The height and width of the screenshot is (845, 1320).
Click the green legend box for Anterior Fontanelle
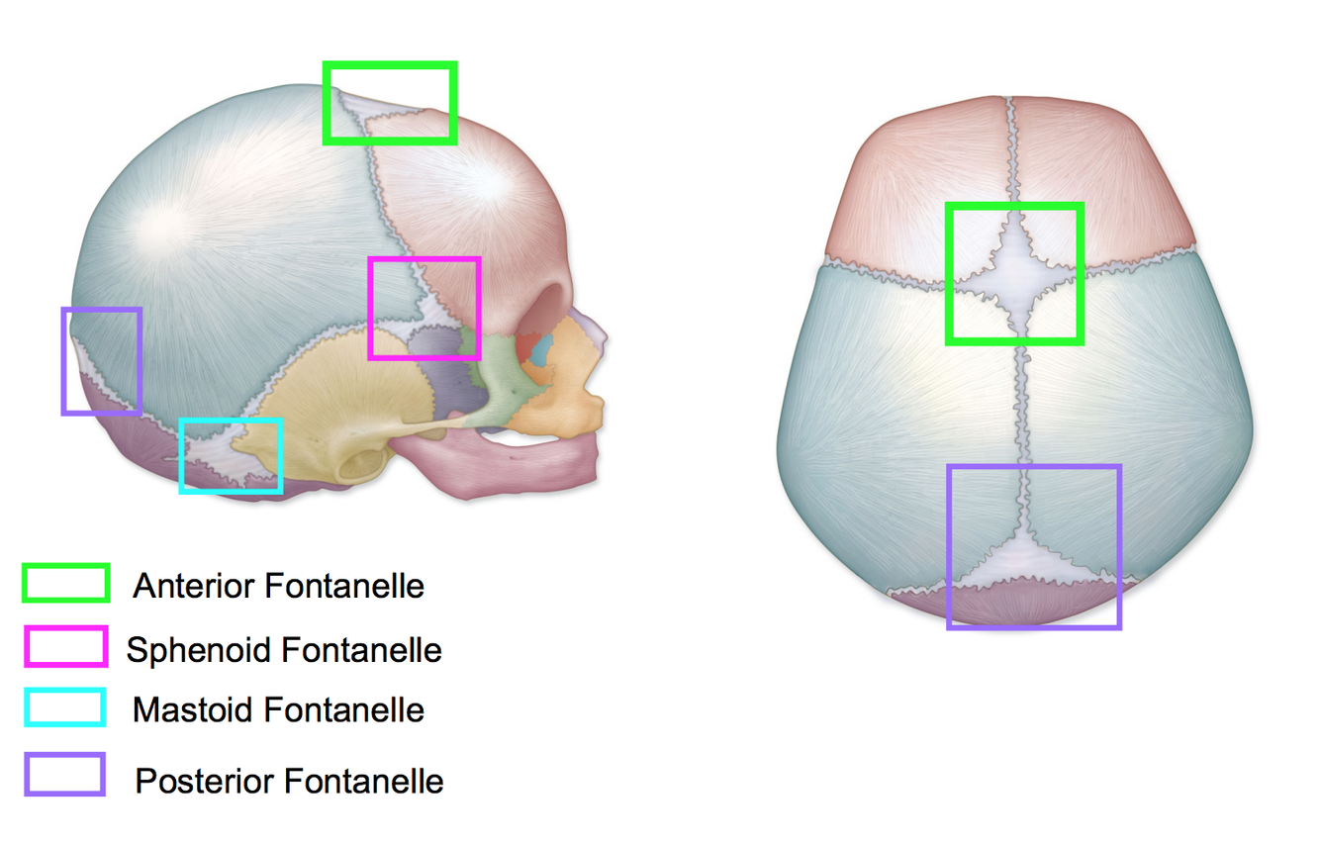tap(65, 584)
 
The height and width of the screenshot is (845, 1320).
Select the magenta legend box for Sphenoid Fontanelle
tap(65, 646)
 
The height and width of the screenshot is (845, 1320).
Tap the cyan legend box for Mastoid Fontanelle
tap(65, 707)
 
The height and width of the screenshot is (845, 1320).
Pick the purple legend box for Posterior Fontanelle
tap(65, 775)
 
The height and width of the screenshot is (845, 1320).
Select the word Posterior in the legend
tap(205, 782)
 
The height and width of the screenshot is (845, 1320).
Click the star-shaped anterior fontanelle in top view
tap(1015, 273)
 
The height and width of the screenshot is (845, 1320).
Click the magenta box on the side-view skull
tap(424, 308)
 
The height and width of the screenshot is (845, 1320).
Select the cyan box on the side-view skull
tap(231, 455)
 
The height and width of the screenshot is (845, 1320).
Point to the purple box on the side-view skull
tap(102, 361)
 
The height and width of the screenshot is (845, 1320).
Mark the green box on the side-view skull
tap(389, 103)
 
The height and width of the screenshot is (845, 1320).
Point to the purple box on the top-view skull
tap(1034, 546)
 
